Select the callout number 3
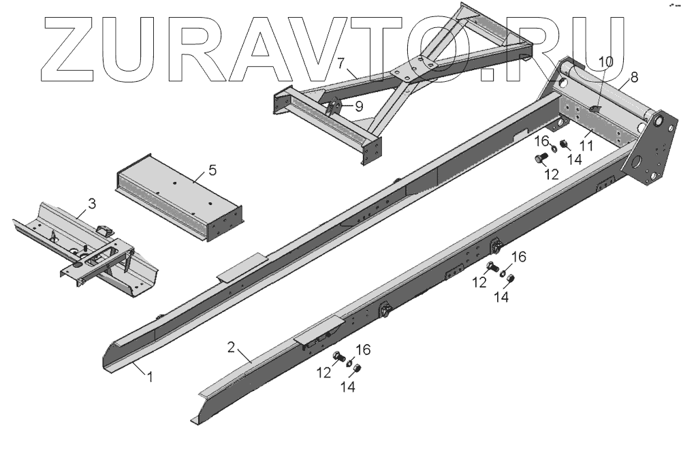[92, 203]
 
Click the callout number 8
[634, 77]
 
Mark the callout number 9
[358, 106]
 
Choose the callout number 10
[605, 62]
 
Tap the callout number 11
[586, 145]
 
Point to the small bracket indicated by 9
[334, 107]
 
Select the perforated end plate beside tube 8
[654, 150]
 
